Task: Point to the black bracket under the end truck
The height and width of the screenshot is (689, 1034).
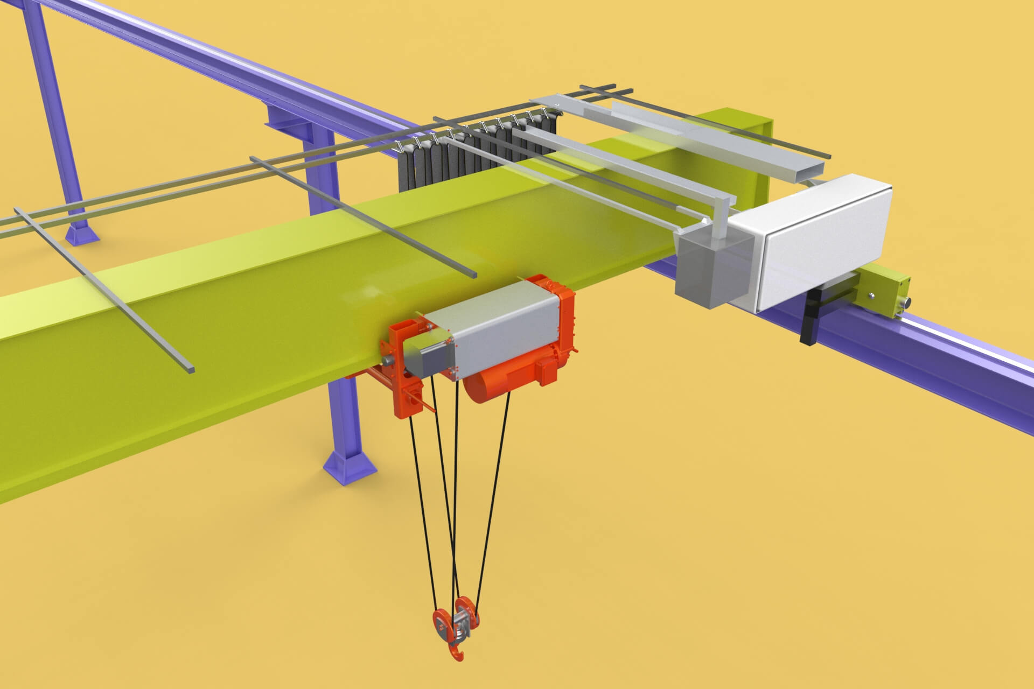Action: [810, 318]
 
